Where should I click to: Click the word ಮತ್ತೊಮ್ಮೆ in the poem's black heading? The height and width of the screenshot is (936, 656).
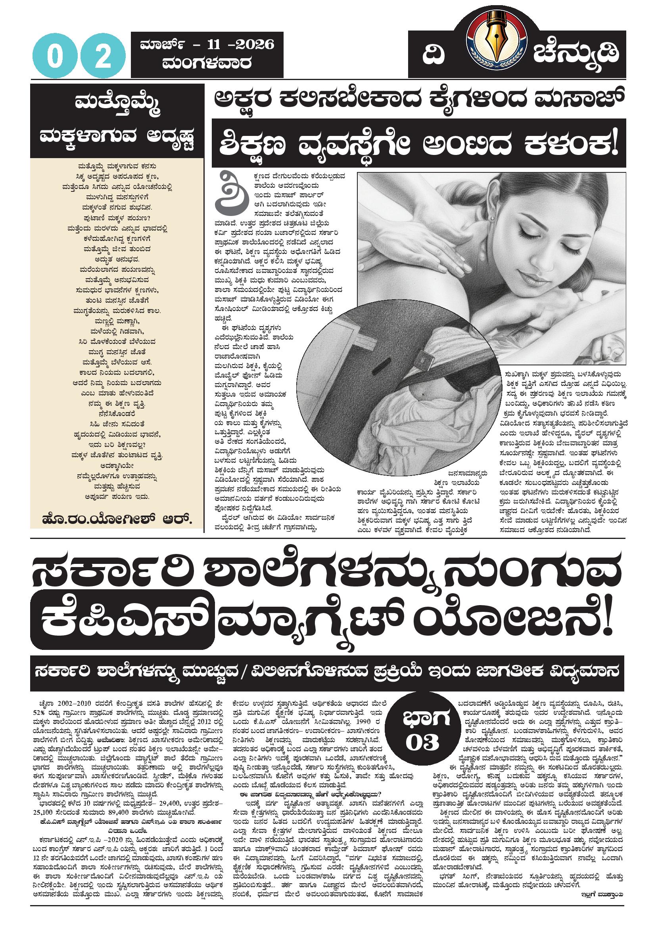(x=117, y=105)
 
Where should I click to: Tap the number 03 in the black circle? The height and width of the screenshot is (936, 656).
(x=423, y=742)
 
